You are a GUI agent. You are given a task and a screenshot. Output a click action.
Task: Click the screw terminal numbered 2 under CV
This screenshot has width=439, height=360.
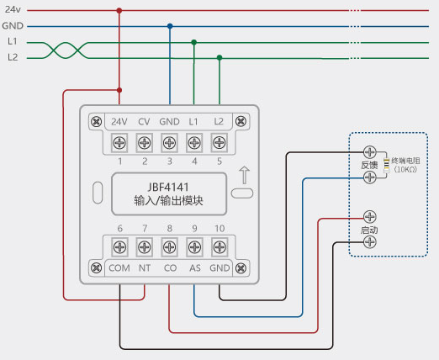tap(145, 143)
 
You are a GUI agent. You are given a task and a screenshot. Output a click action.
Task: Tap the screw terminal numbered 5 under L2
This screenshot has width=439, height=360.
tap(219, 143)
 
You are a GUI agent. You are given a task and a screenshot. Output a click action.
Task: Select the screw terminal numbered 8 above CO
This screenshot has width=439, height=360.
tap(170, 247)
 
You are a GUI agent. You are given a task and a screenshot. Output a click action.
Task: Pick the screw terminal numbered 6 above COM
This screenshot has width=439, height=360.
tap(119, 247)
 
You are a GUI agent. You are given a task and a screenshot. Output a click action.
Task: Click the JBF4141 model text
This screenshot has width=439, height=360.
tap(168, 187)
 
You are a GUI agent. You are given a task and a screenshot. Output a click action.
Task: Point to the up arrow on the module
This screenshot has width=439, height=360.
tap(245, 175)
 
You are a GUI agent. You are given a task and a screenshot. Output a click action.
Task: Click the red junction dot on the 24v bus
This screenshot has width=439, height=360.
tap(119, 11)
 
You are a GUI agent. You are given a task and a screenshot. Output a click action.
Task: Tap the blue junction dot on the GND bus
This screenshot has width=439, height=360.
tap(170, 26)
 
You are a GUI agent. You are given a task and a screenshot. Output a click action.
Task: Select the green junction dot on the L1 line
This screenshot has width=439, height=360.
tap(194, 42)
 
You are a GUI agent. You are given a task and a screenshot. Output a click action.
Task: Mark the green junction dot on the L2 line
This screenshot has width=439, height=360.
tap(219, 58)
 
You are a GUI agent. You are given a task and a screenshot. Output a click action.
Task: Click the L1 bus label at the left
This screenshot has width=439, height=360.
tap(13, 41)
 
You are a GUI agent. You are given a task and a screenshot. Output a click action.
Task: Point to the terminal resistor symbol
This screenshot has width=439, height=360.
tap(387, 166)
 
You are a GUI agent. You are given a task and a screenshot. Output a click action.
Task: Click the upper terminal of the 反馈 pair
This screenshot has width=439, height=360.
tap(370, 152)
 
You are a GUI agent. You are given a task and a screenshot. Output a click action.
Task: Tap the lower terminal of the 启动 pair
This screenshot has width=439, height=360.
tap(370, 242)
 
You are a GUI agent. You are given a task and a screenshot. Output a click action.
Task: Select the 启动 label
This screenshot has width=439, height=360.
tap(369, 230)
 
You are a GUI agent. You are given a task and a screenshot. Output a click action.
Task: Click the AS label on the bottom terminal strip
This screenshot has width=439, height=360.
tap(195, 268)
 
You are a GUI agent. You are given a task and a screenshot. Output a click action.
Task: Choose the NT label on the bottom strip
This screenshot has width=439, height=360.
tap(145, 268)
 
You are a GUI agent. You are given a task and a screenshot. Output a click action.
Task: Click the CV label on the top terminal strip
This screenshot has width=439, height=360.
tap(144, 122)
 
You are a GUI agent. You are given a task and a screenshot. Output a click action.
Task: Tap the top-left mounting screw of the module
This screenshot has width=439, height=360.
tap(97, 122)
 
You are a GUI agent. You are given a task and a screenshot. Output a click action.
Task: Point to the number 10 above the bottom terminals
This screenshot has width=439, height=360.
tap(219, 229)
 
